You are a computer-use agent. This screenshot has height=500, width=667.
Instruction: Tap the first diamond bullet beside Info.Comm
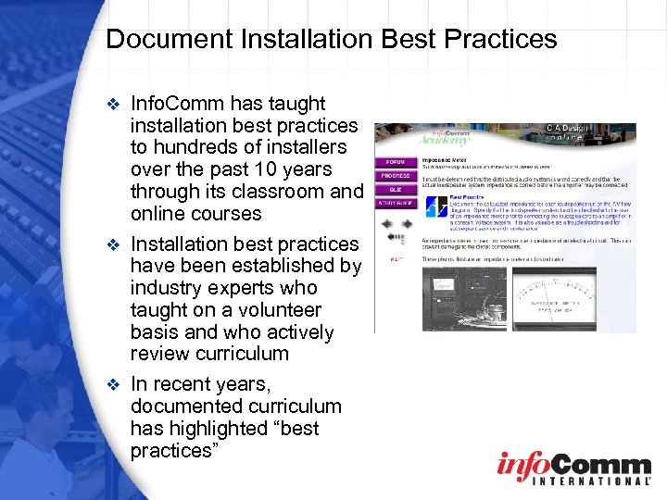click(x=115, y=105)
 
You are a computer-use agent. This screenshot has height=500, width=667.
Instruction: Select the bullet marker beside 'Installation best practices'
click(x=115, y=245)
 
